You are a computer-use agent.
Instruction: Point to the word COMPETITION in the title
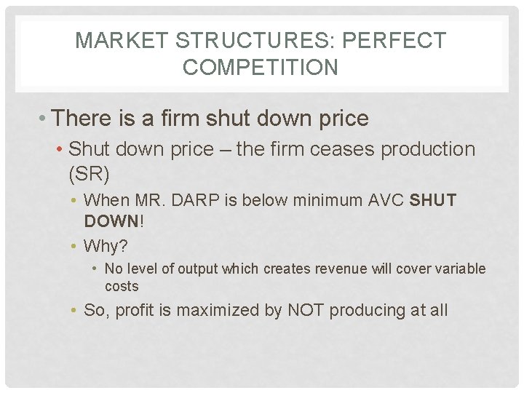pos(261,68)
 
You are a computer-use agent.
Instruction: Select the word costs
pos(122,286)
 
